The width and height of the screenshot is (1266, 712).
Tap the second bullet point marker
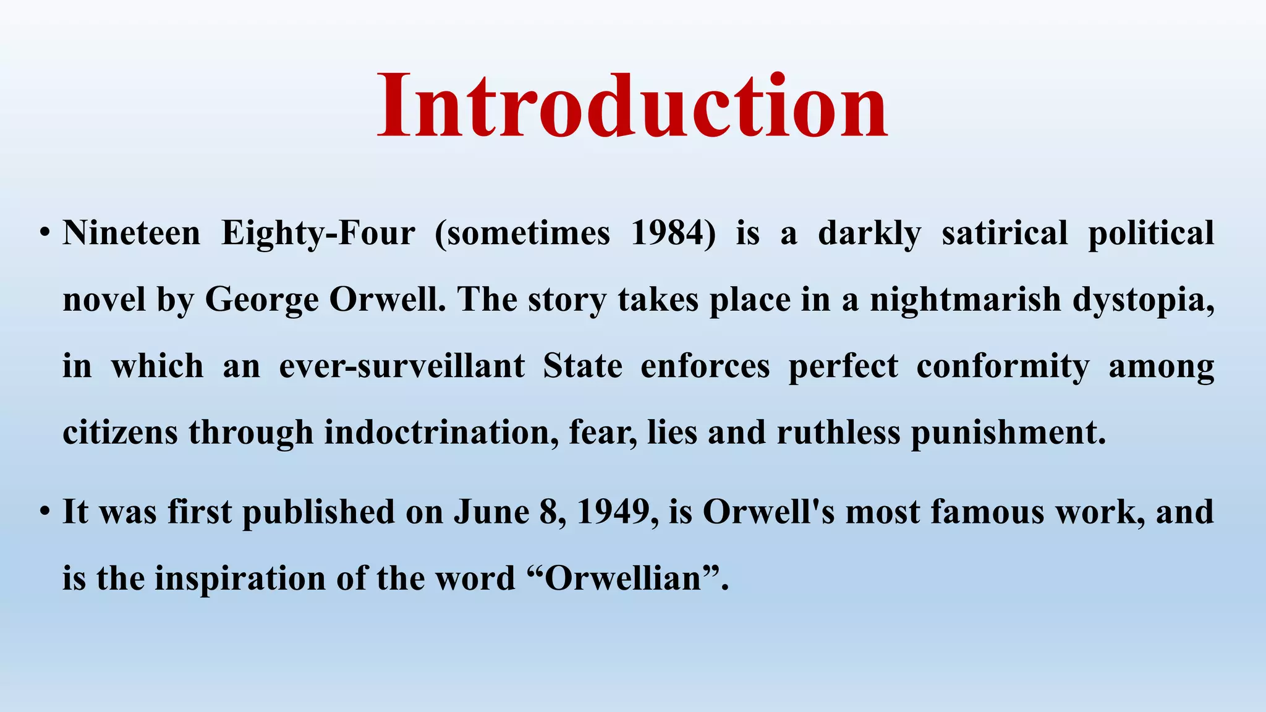[x=44, y=512]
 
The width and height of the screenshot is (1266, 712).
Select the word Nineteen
[x=131, y=234]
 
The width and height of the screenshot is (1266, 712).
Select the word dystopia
[x=1142, y=300]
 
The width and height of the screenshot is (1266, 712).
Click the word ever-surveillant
[x=402, y=366]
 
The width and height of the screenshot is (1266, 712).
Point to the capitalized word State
[x=582, y=366]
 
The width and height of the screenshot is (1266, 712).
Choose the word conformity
[x=1003, y=367]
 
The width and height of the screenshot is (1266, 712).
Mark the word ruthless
[x=838, y=432]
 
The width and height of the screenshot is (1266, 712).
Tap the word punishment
[x=1008, y=432]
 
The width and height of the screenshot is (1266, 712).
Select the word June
[x=491, y=512]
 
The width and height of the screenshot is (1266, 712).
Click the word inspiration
[x=240, y=578]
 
